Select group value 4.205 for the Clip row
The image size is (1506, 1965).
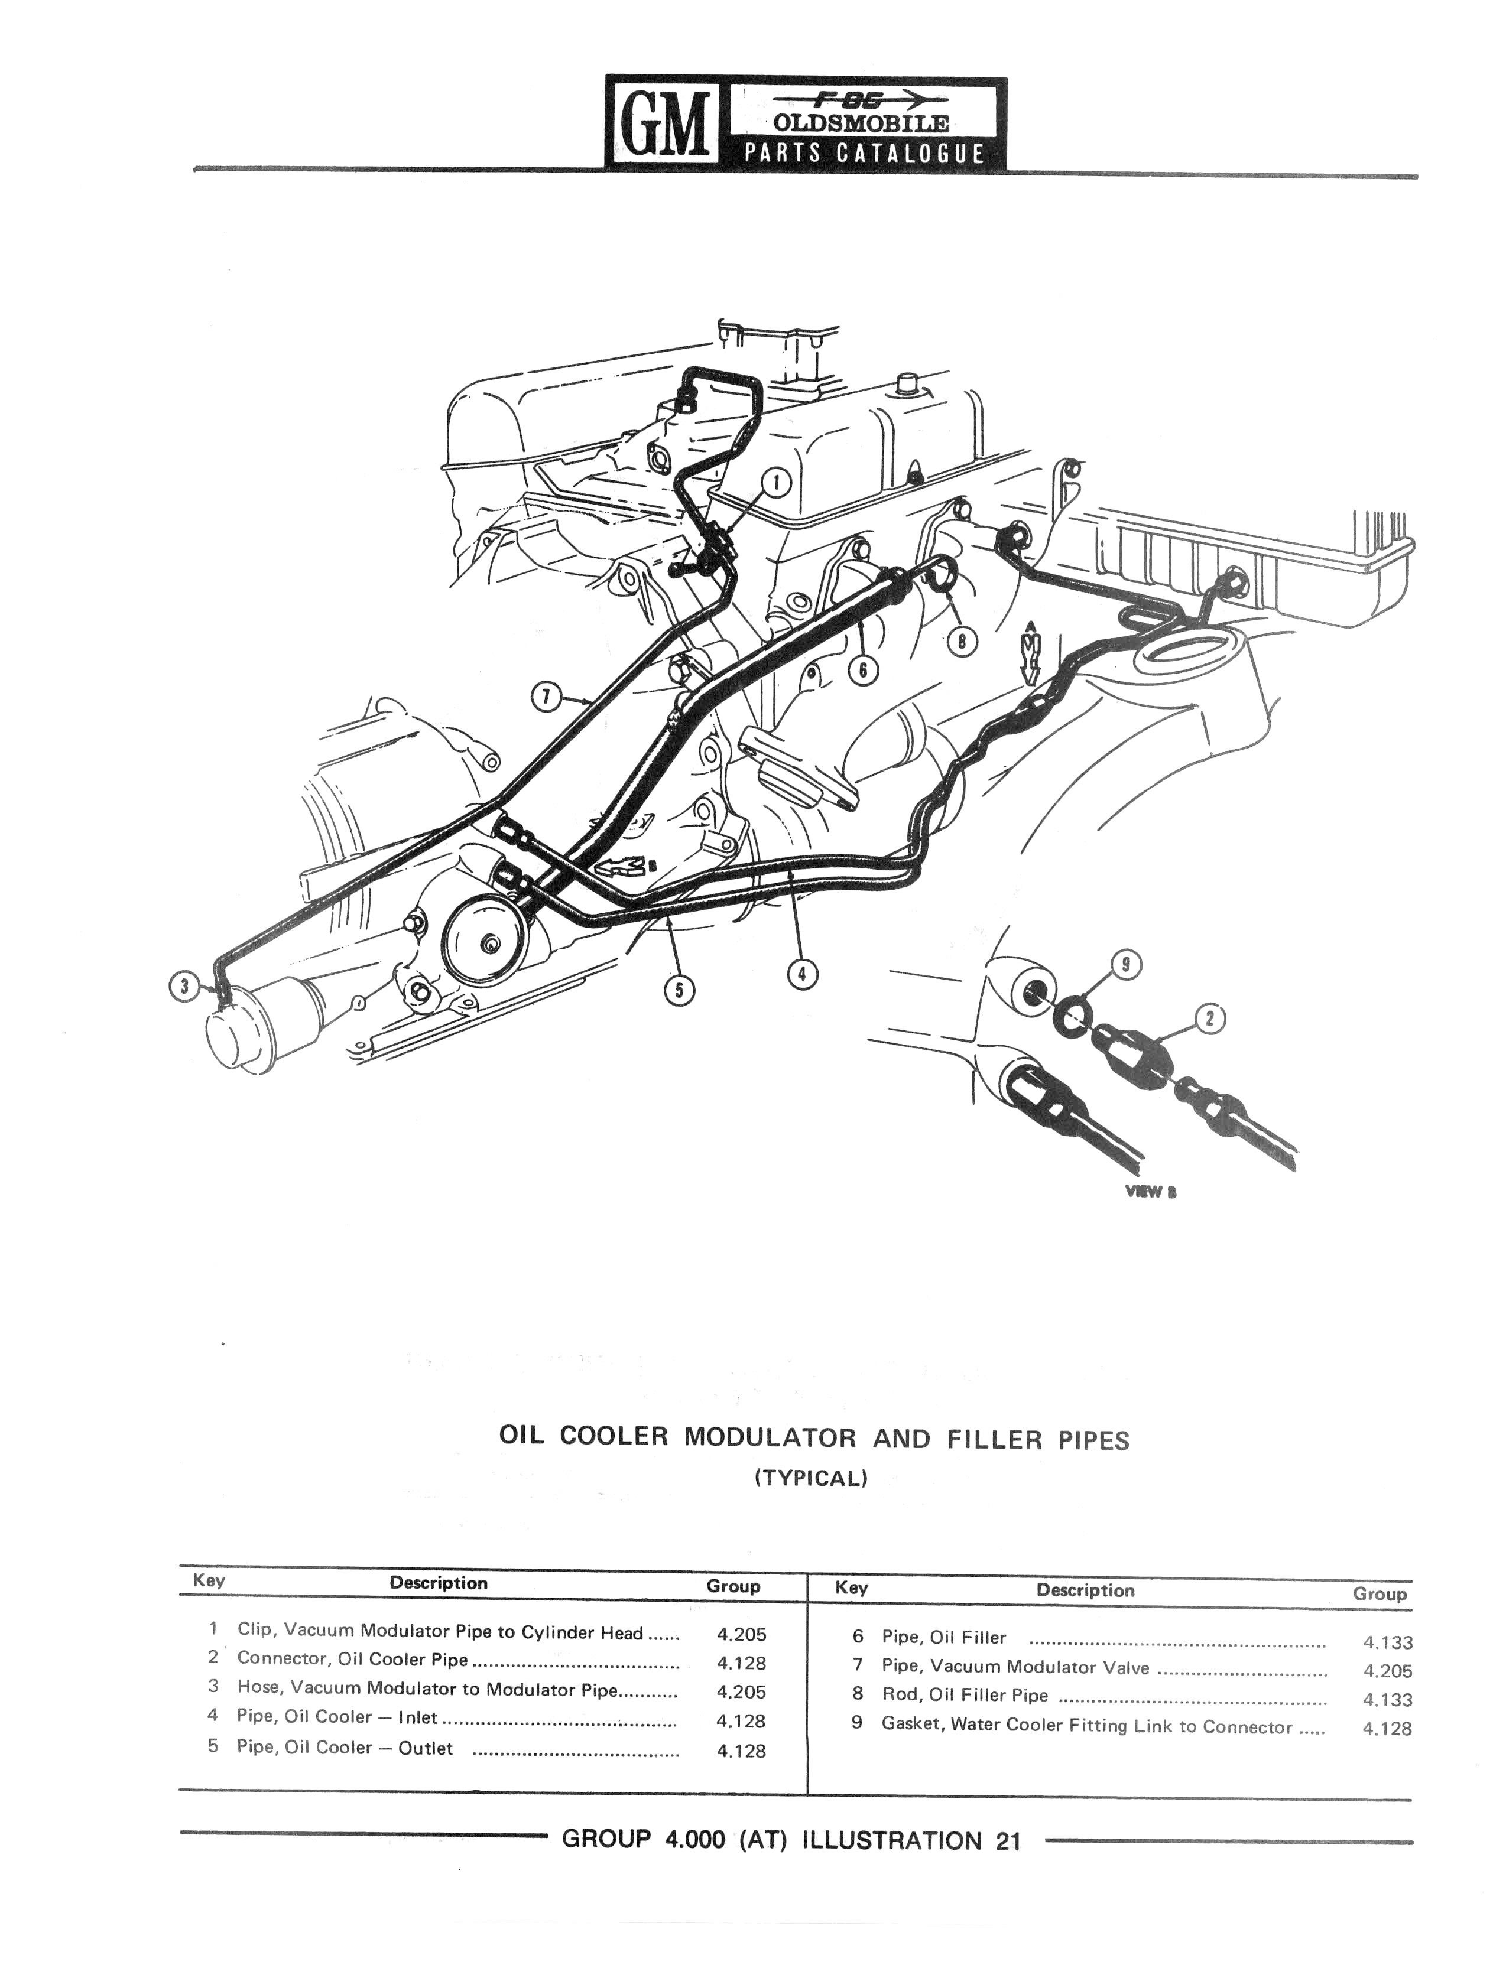741,1634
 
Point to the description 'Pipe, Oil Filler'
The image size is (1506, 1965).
943,1637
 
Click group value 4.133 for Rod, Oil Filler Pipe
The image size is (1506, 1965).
1387,1700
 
